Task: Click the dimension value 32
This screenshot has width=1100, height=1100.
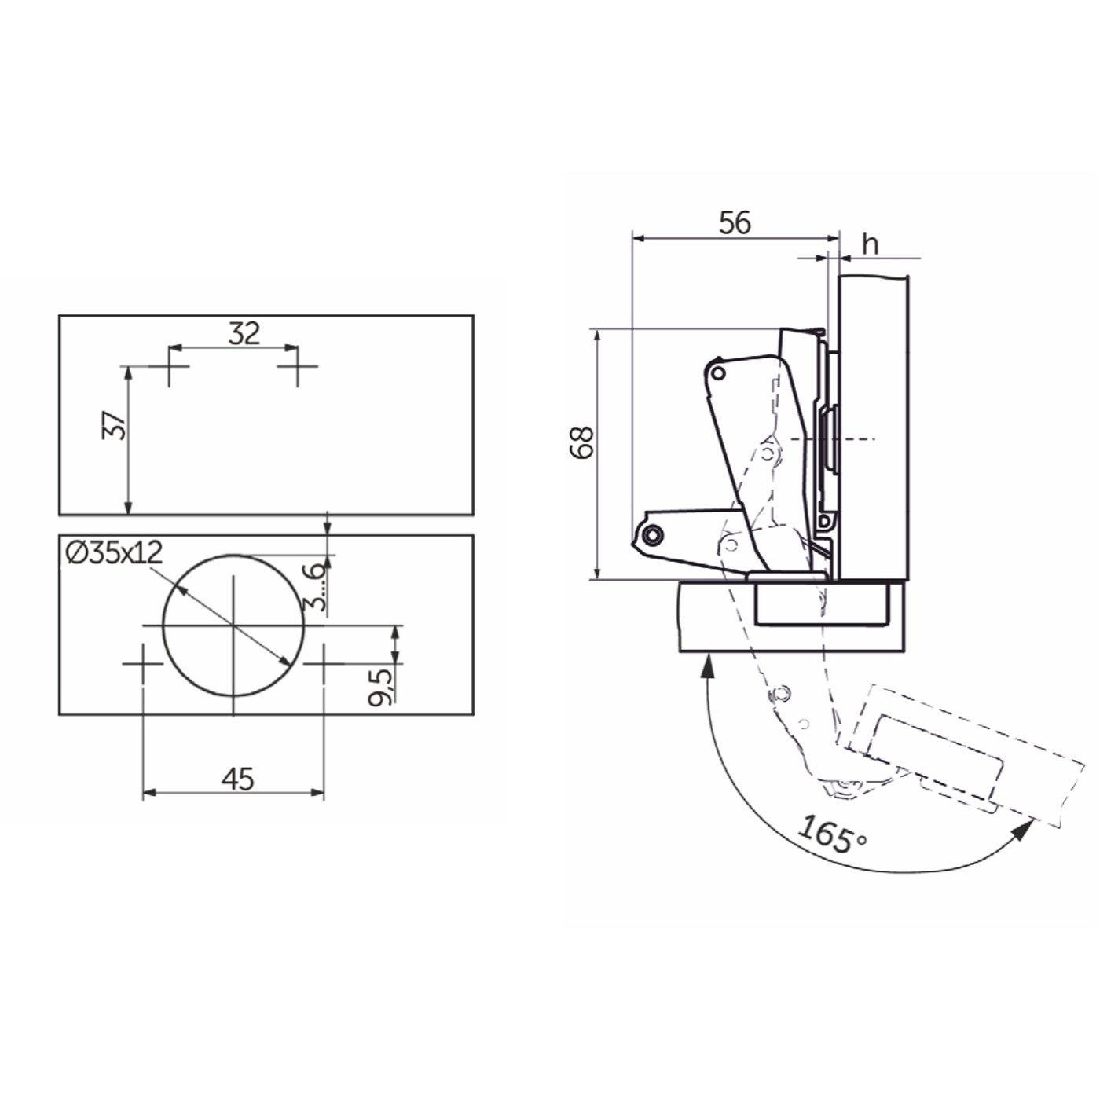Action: (244, 333)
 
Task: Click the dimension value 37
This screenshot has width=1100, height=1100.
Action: (114, 425)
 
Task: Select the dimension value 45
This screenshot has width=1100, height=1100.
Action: (238, 779)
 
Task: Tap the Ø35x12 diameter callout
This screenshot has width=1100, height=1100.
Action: (114, 552)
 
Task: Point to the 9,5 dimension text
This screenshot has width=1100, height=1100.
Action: (380, 687)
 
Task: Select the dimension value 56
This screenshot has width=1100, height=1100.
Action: (735, 222)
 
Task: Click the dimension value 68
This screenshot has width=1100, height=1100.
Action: (582, 442)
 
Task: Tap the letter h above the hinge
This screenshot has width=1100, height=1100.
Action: (870, 244)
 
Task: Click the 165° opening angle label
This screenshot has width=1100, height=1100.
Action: (832, 834)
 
